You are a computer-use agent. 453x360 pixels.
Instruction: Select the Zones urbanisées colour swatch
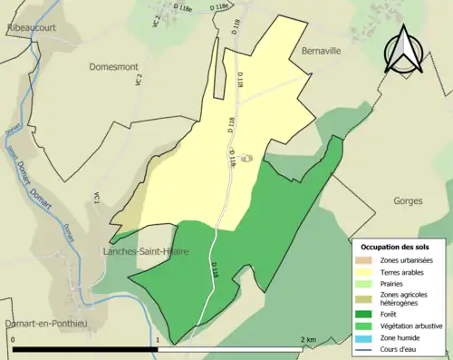(361, 259)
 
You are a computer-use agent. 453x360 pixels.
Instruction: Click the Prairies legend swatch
(361, 283)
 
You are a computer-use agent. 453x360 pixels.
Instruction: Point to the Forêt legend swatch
(361, 314)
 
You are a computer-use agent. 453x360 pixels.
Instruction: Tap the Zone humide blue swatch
(361, 337)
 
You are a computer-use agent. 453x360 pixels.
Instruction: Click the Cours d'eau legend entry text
(400, 348)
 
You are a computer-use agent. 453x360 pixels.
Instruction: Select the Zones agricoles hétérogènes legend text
(405, 298)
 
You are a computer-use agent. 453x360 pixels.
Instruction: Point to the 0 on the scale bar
(14, 338)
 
